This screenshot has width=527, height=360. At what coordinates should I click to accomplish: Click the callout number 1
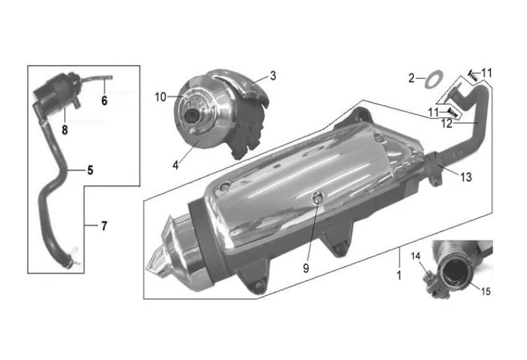pyautogui.click(x=399, y=276)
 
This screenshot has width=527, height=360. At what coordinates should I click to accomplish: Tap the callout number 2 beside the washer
pyautogui.click(x=412, y=78)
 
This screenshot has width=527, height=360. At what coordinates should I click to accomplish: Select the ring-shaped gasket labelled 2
pyautogui.click(x=434, y=79)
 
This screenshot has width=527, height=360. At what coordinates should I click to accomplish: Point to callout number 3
pyautogui.click(x=273, y=76)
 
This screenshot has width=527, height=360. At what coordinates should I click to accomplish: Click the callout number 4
pyautogui.click(x=175, y=165)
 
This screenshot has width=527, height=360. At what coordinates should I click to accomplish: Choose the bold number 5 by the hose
pyautogui.click(x=90, y=170)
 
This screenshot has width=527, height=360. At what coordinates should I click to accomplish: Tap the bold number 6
pyautogui.click(x=104, y=100)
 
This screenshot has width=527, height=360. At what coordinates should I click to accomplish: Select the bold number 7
pyautogui.click(x=104, y=225)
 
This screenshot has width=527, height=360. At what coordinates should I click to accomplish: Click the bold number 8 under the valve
pyautogui.click(x=65, y=130)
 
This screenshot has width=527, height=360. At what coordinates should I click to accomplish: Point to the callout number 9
pyautogui.click(x=306, y=268)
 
